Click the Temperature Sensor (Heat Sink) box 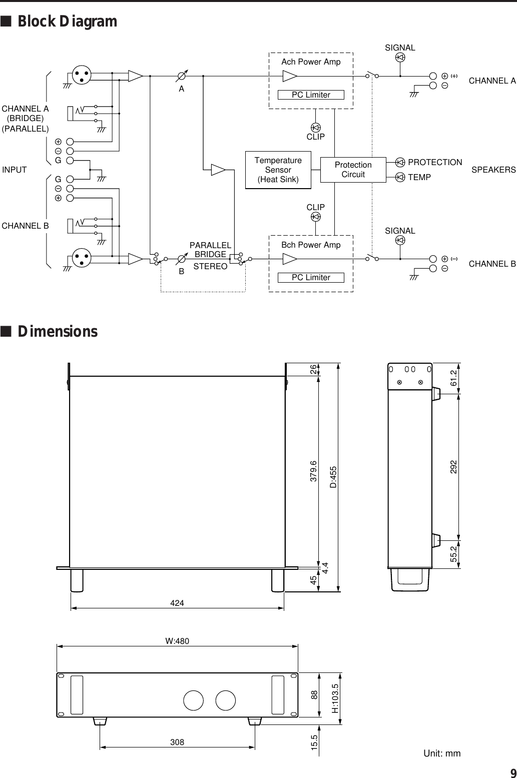pyautogui.click(x=278, y=170)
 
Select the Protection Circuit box pyautogui.click(x=353, y=170)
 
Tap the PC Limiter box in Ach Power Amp pyautogui.click(x=311, y=95)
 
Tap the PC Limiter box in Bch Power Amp pyautogui.click(x=311, y=278)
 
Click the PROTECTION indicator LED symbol pyautogui.click(x=400, y=162)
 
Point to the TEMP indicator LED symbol pyautogui.click(x=400, y=177)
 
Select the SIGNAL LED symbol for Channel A pyautogui.click(x=400, y=58)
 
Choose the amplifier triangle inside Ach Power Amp pyautogui.click(x=289, y=76)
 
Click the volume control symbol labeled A pyautogui.click(x=182, y=77)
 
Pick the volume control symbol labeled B pyautogui.click(x=182, y=260)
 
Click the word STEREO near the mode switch pyautogui.click(x=210, y=267)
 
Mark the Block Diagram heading pyautogui.click(x=67, y=22)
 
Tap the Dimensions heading pyautogui.click(x=58, y=332)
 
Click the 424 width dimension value pyautogui.click(x=177, y=603)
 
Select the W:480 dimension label pyautogui.click(x=177, y=641)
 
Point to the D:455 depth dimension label pyautogui.click(x=333, y=477)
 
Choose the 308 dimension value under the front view pyautogui.click(x=177, y=742)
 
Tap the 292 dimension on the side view pyautogui.click(x=453, y=467)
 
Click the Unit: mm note pyautogui.click(x=442, y=753)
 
